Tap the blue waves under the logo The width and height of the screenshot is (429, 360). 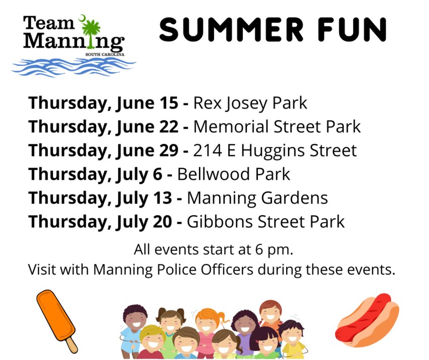point(74,67)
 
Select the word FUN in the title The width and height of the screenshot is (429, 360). point(352,30)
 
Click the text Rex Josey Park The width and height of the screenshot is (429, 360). point(250,104)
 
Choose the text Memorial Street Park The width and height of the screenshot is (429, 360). point(277,127)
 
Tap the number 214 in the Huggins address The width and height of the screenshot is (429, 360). point(207,150)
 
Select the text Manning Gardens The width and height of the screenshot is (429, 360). point(257,198)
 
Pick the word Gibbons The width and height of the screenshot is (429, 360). point(220,222)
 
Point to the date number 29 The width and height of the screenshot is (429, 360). point(170,150)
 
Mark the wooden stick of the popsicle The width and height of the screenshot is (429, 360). point(72,345)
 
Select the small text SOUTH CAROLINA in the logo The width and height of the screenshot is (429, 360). point(105,55)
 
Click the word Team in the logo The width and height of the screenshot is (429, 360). point(48,23)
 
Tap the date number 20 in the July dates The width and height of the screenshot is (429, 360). point(163,222)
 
